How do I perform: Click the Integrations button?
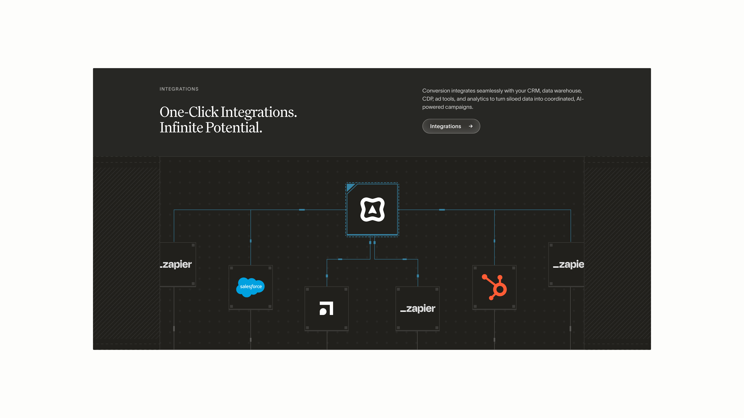[451, 126]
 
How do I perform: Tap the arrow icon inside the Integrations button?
[471, 126]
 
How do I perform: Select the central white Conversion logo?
[372, 209]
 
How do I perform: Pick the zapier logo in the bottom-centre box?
[418, 308]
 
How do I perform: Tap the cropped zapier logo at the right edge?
[568, 264]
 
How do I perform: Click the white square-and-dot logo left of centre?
[326, 308]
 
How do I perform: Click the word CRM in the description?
[533, 91]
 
